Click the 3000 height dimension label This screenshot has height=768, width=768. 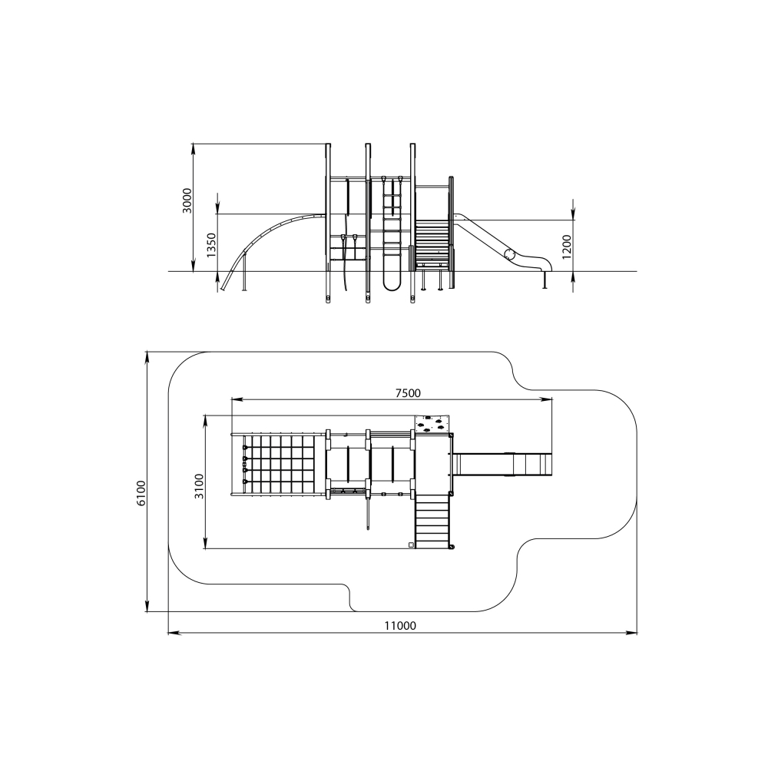click(x=187, y=200)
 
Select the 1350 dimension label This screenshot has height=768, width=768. click(x=210, y=245)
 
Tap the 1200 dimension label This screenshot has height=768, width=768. click(x=567, y=247)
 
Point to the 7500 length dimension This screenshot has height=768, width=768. click(x=408, y=392)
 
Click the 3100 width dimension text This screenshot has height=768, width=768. click(x=199, y=486)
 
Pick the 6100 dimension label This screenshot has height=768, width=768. click(x=141, y=493)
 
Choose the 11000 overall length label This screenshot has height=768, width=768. click(x=400, y=625)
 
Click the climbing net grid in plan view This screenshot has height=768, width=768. click(x=278, y=465)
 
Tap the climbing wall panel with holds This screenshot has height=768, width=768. click(x=432, y=424)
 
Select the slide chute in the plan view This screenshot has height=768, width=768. click(x=502, y=465)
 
